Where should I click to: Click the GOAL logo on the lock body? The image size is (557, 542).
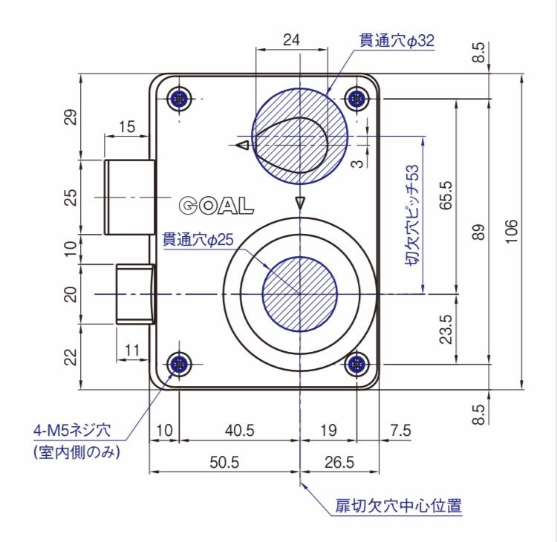(x=216, y=206)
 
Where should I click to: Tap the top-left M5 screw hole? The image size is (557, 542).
(x=180, y=98)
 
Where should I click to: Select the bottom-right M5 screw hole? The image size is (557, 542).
(x=358, y=364)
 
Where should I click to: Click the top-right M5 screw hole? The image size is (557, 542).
(x=358, y=98)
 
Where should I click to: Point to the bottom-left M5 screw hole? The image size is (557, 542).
(x=180, y=364)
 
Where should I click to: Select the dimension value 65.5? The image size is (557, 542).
(x=446, y=195)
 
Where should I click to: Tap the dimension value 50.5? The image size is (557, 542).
(x=224, y=463)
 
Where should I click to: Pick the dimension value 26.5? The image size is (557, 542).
(x=339, y=463)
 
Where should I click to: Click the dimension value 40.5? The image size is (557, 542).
(x=238, y=431)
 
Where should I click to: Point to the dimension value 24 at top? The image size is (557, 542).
(x=292, y=41)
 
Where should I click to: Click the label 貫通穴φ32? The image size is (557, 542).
(x=397, y=41)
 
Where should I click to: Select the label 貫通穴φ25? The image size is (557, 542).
(x=198, y=240)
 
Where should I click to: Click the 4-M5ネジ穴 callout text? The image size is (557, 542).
(x=71, y=430)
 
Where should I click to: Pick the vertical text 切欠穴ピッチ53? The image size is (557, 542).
(x=416, y=215)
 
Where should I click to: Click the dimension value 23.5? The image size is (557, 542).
(x=446, y=329)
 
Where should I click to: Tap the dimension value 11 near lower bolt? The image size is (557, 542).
(x=133, y=348)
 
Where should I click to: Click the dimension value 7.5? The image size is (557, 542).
(x=400, y=431)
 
